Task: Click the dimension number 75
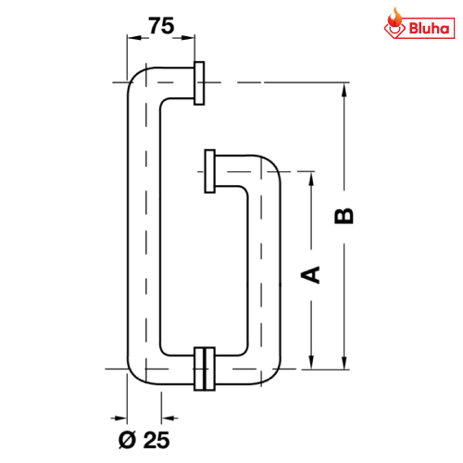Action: (x=161, y=26)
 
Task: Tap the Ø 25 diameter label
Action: (x=144, y=440)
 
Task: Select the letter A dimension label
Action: (x=310, y=275)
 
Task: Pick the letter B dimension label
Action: (x=344, y=216)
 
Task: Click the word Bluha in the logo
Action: (x=429, y=29)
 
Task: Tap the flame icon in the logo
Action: (x=395, y=19)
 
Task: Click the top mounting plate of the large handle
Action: (x=199, y=83)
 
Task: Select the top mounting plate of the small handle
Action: (x=210, y=171)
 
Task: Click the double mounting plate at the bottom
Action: (x=205, y=369)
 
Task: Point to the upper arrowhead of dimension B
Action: (x=344, y=91)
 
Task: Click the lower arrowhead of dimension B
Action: (x=344, y=361)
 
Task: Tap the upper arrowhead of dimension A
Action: (x=311, y=179)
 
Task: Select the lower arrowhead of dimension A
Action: (x=311, y=361)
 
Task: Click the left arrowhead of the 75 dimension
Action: (x=135, y=38)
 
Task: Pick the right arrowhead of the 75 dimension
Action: (x=187, y=38)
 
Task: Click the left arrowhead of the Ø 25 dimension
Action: (x=119, y=419)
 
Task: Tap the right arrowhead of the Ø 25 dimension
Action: (x=169, y=419)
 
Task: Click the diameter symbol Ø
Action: (x=127, y=440)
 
